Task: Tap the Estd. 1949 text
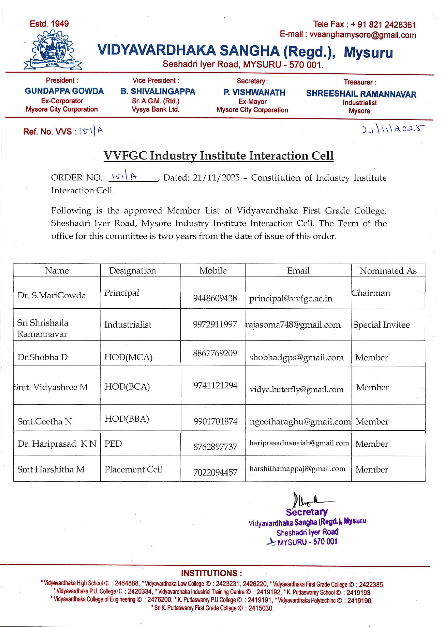click(49, 24)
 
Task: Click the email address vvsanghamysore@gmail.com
click(363, 35)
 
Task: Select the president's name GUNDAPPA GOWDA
click(64, 91)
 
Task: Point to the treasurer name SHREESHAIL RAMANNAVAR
click(361, 94)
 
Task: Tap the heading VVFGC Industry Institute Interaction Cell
click(219, 156)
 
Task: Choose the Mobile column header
click(213, 271)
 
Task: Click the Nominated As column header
click(388, 271)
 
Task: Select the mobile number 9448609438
click(215, 298)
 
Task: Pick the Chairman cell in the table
click(371, 293)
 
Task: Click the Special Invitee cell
click(381, 325)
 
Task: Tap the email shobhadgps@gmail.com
click(296, 357)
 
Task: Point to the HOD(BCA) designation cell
click(127, 387)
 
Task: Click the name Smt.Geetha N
click(45, 421)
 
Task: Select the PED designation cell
click(113, 444)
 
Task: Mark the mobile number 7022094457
click(215, 472)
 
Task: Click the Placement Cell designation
click(133, 469)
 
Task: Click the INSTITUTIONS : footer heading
click(211, 573)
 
